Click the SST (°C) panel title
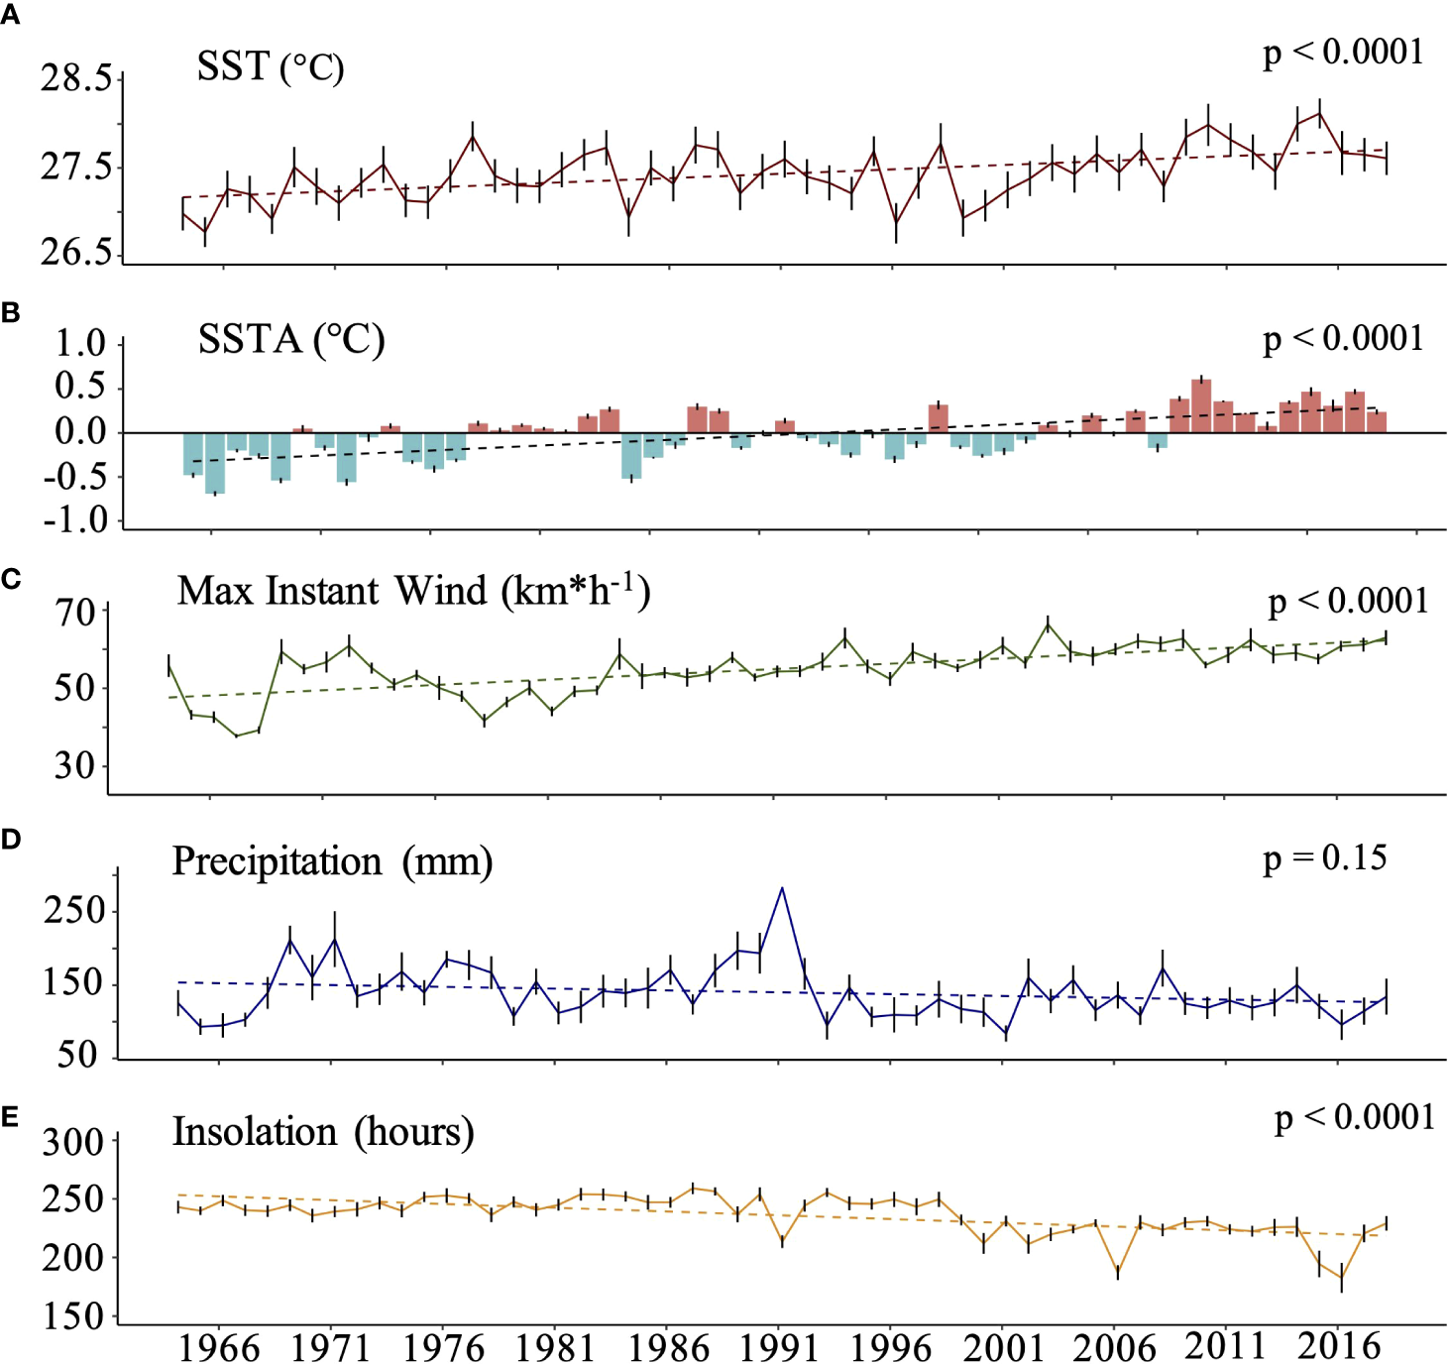[x=270, y=67]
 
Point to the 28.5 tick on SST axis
[x=75, y=78]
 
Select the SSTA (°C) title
[x=290, y=340]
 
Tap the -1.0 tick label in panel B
[x=74, y=520]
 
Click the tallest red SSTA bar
[x=1201, y=404]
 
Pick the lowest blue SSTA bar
[x=215, y=464]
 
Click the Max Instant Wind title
[x=413, y=592]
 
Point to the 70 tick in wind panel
[x=75, y=613]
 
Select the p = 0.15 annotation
[x=1324, y=858]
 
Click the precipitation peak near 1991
[x=782, y=889]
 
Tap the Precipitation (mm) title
[x=332, y=861]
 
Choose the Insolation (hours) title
[x=323, y=1132]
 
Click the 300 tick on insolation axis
[x=72, y=1142]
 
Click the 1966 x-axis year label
[x=219, y=1348]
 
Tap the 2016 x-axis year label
[x=1339, y=1346]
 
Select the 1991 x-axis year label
[x=779, y=1348]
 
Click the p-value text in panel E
[x=1354, y=1117]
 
